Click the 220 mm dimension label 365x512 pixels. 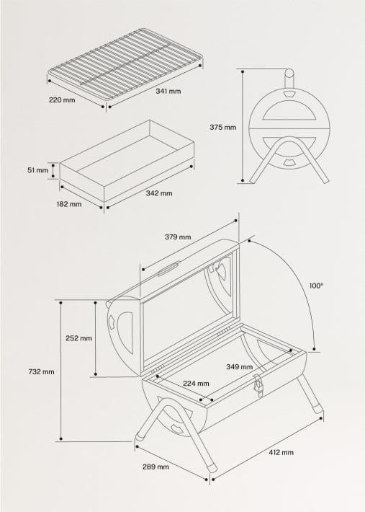coord(62,100)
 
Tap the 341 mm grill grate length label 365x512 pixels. coord(168,92)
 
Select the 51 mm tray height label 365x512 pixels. coord(37,170)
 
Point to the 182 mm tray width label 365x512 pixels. coord(70,204)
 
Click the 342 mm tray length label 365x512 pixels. coord(160,193)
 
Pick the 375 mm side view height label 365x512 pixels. coord(222,127)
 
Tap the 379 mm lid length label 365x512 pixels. coord(178,237)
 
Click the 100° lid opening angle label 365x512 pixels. coord(316,286)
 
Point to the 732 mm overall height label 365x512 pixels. coord(41,371)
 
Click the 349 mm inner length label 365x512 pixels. coord(239,366)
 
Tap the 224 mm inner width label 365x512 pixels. coord(196,384)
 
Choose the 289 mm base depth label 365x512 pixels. coord(156,467)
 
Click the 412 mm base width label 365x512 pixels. coord(281,452)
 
